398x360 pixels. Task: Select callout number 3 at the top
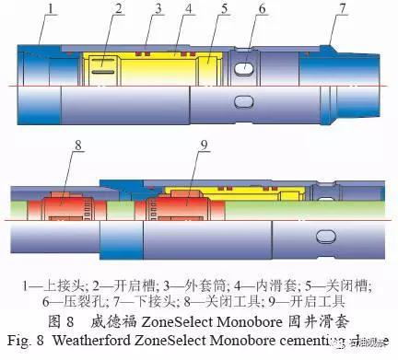[158, 10]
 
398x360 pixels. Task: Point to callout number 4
[190, 11]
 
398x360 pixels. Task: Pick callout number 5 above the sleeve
[225, 11]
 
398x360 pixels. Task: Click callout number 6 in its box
[263, 11]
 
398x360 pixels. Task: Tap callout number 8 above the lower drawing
[78, 144]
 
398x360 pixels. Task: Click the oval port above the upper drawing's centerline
[244, 69]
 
